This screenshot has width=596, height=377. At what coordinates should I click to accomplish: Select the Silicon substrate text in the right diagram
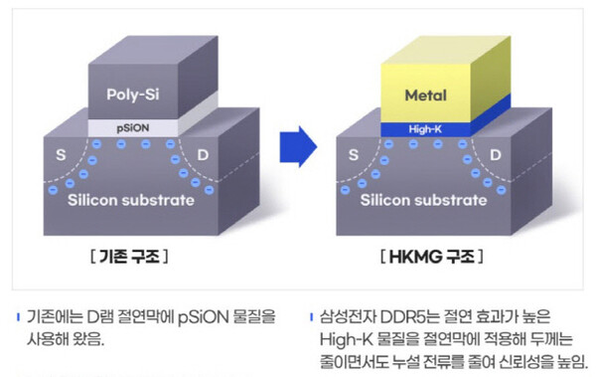click(x=425, y=201)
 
